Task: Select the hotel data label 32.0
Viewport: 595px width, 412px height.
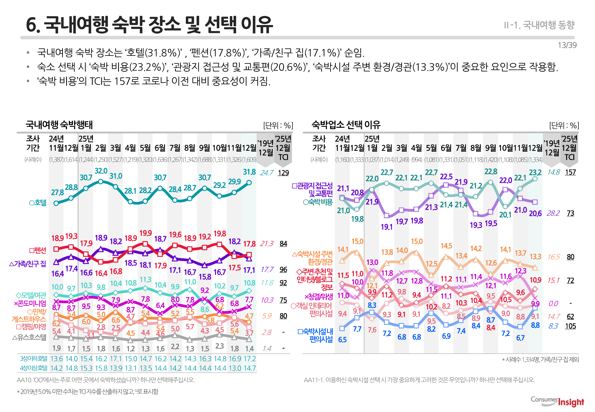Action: (x=101, y=171)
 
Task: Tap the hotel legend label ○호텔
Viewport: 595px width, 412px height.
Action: (x=38, y=203)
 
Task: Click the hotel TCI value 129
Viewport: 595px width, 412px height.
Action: (x=283, y=173)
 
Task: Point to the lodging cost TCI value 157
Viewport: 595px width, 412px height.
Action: (x=570, y=172)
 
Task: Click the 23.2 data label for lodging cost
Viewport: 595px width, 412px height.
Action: (x=535, y=172)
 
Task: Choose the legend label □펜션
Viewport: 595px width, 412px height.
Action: (x=38, y=250)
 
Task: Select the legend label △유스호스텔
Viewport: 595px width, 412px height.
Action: (x=29, y=337)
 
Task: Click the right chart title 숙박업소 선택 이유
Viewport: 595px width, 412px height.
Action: (x=346, y=125)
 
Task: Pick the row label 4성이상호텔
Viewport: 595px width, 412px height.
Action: (x=34, y=368)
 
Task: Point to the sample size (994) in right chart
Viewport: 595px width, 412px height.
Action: (x=417, y=160)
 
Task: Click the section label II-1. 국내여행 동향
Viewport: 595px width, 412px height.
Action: (x=539, y=25)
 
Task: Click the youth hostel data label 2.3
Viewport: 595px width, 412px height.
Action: (x=219, y=346)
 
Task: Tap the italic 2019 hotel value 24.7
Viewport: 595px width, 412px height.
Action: (x=267, y=173)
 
